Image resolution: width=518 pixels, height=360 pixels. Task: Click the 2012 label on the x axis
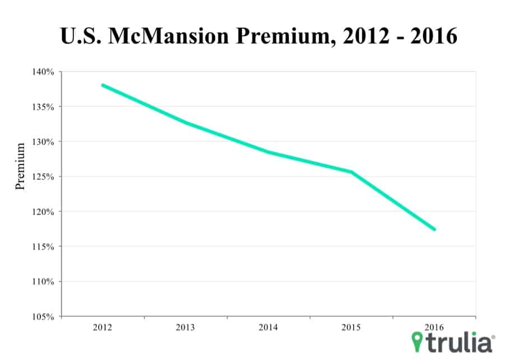pyautogui.click(x=103, y=326)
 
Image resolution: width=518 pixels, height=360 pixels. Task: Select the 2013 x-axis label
pyautogui.click(x=186, y=326)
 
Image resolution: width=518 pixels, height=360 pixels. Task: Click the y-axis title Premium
pyautogui.click(x=21, y=166)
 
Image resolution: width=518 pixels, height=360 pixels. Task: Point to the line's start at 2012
pyautogui.click(x=103, y=85)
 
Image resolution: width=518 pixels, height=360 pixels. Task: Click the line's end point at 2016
pyautogui.click(x=435, y=230)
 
